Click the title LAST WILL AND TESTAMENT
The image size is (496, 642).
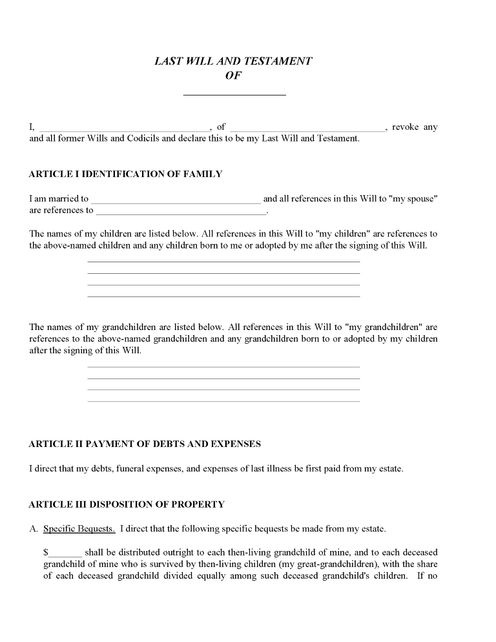(x=233, y=61)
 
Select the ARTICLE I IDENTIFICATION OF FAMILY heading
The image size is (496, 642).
(x=125, y=174)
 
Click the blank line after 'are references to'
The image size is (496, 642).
(x=181, y=212)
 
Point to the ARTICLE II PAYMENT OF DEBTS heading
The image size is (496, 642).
(x=145, y=444)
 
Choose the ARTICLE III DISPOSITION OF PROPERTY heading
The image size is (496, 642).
(x=127, y=504)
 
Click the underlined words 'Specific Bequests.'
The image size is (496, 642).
(x=79, y=529)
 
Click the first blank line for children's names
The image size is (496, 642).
(x=223, y=262)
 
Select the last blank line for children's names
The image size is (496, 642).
(x=223, y=296)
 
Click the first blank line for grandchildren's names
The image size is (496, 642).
(x=223, y=367)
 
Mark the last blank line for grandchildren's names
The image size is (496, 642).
(x=223, y=401)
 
